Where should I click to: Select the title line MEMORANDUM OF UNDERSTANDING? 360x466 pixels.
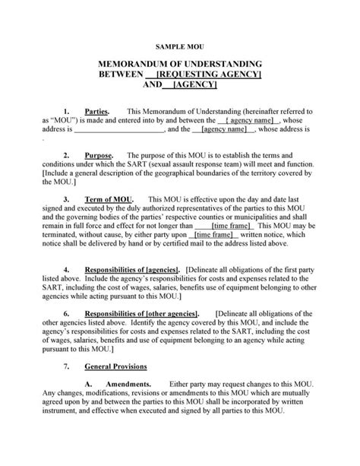180,64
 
